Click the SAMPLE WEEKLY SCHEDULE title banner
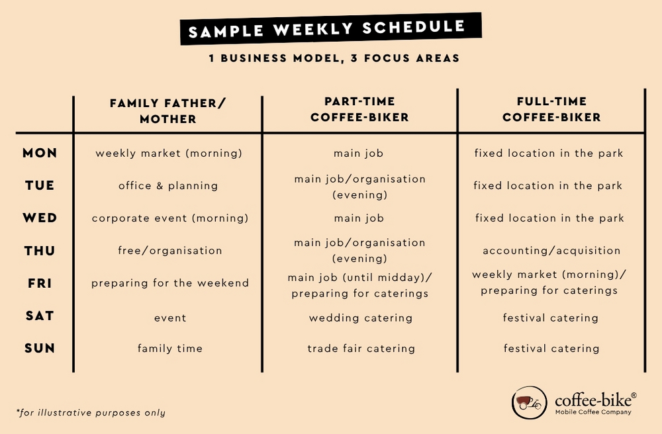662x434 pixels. pos(331,28)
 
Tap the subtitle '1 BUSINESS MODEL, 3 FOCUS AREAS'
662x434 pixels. pos(334,58)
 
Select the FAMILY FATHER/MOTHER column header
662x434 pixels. pos(168,111)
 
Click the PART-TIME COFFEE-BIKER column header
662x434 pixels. pos(359,109)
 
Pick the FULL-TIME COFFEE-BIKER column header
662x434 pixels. pos(551,109)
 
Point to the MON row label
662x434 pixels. pos(40,153)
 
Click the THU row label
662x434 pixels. pos(40,251)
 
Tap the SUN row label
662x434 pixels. pos(40,349)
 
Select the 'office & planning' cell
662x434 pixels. pos(168,186)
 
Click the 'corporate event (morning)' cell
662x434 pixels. pos(170,218)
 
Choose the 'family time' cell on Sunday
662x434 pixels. pos(170,349)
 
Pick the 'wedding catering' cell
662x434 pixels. pos(361,318)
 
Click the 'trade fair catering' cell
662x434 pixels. pos(361,349)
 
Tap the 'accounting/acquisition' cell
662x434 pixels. pos(551,251)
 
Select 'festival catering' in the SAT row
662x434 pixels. pos(551,318)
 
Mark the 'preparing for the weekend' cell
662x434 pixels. pos(170,283)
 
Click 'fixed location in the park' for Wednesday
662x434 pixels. pos(549,218)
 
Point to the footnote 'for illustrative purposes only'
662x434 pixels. pos(91,412)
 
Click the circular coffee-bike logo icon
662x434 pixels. pos(529,402)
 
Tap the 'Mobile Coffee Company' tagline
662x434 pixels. pos(593,412)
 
